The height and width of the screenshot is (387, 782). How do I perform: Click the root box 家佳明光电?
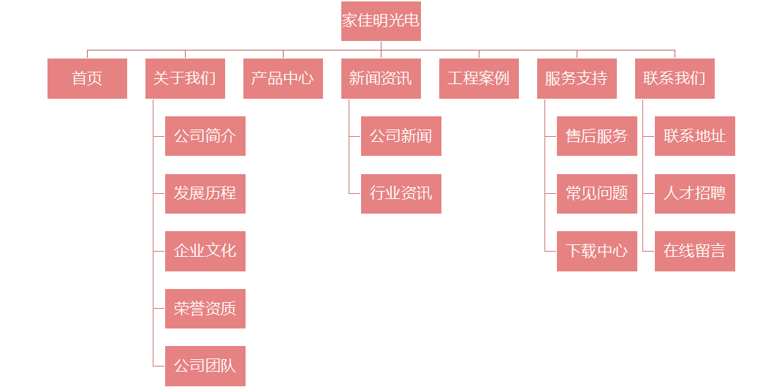(381, 20)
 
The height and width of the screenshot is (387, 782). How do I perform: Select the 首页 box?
(87, 78)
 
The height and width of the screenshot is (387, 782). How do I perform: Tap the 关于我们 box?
(185, 78)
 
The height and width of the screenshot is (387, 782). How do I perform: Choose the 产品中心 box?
(283, 78)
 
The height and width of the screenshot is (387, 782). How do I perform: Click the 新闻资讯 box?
(381, 78)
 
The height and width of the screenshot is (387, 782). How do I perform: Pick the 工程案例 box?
(479, 78)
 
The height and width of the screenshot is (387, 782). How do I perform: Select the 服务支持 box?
(577, 78)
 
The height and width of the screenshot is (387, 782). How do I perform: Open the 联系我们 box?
(675, 78)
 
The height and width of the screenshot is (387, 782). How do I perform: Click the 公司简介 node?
(205, 136)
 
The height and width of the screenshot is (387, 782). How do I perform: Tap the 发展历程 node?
(205, 194)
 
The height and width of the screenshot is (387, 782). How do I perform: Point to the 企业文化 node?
(205, 251)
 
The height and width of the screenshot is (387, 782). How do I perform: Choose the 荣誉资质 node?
(205, 309)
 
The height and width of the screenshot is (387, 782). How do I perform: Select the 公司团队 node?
(205, 366)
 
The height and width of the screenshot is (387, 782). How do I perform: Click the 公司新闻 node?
(401, 136)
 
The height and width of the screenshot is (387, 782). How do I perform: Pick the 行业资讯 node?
(401, 194)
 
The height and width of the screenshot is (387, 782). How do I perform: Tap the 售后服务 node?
(596, 136)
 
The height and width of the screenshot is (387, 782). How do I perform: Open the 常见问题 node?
(596, 194)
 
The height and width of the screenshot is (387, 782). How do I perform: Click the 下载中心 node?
(596, 251)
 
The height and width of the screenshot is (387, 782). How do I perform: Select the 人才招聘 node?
(694, 194)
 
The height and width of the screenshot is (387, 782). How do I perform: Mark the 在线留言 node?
(694, 251)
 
